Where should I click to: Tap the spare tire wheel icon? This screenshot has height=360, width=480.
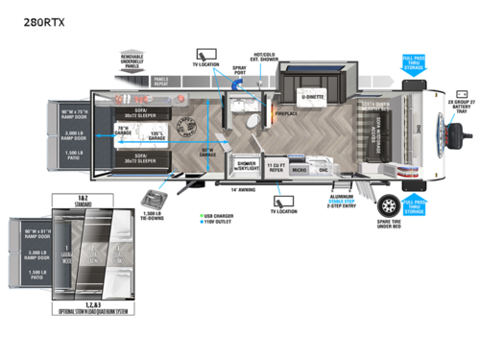(390, 206)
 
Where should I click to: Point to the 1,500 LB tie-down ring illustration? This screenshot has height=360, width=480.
(155, 200)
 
